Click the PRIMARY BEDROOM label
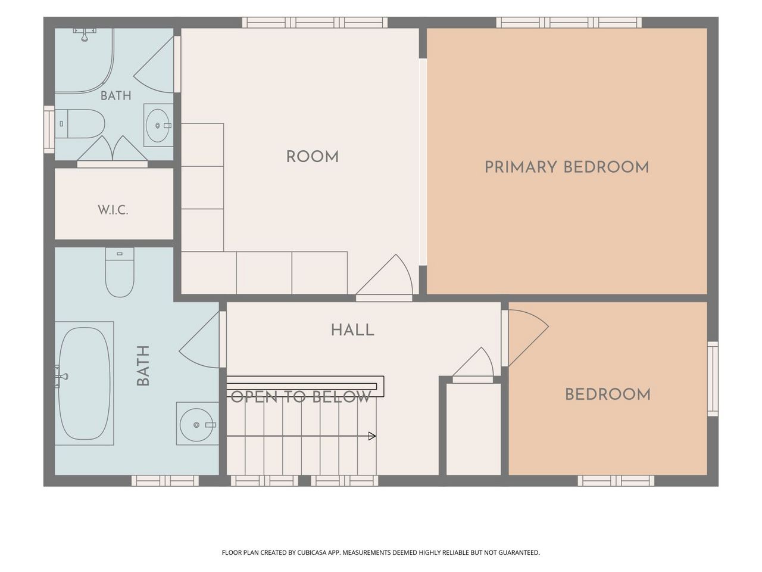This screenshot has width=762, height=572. point(567,167)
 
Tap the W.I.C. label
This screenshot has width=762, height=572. point(113,210)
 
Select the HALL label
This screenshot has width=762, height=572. point(352,330)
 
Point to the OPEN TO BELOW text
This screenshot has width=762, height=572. point(301,397)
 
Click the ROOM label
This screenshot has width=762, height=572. point(313,157)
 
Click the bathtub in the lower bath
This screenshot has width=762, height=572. point(85,383)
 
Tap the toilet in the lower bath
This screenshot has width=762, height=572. point(120,272)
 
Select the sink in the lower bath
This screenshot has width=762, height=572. point(198,424)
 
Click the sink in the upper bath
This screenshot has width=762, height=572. point(158,125)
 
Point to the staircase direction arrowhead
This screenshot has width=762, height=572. point(372,436)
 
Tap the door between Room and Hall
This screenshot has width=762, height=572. point(385,278)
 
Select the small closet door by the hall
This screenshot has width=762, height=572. point(473,365)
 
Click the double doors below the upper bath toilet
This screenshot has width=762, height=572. point(112,151)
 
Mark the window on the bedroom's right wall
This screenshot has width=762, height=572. point(713,378)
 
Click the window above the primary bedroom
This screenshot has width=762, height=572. point(569,23)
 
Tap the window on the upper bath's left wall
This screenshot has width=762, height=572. point(49,129)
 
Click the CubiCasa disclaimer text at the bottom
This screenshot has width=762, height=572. point(381,552)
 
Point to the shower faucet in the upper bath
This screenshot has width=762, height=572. point(85,35)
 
